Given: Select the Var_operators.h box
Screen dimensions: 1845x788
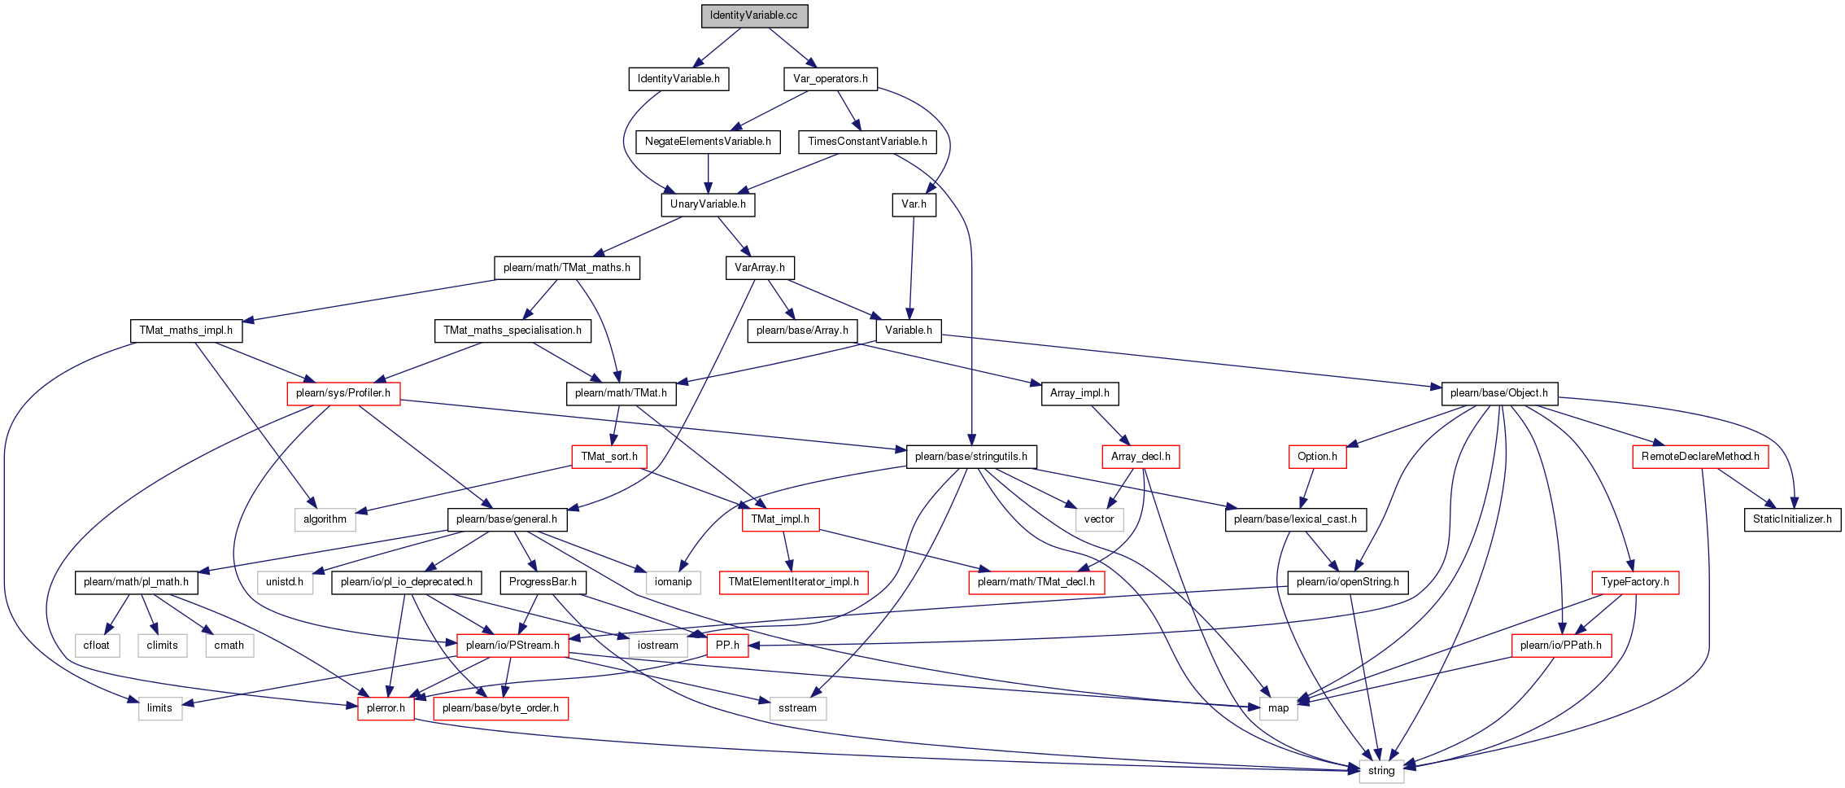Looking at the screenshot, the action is point(830,79).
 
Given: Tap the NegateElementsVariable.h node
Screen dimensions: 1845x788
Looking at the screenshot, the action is point(708,142).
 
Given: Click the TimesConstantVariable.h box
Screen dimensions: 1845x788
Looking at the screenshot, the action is point(867,142).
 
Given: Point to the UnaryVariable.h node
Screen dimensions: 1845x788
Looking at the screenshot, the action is point(708,204).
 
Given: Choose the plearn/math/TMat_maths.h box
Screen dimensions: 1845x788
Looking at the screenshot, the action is point(566,268).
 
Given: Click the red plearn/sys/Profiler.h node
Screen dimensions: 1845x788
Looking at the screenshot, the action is point(343,393).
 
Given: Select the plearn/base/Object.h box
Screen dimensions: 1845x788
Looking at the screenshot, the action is point(1498,393).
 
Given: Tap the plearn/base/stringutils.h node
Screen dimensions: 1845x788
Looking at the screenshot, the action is point(971,457).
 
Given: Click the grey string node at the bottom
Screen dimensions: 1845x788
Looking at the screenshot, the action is point(1381,771).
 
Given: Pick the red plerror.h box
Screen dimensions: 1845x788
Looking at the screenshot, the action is point(386,708).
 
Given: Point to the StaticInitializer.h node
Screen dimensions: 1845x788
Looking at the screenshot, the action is point(1792,519).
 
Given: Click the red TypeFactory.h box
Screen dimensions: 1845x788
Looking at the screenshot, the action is point(1635,582).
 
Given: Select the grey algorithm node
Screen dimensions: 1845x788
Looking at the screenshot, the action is point(325,519).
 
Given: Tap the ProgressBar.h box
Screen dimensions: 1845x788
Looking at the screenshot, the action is point(543,582).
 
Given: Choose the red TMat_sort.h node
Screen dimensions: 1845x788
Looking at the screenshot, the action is point(609,457).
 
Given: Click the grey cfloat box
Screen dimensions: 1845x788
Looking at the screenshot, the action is point(97,646).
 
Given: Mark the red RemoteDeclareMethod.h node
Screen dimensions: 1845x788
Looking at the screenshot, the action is point(1700,457).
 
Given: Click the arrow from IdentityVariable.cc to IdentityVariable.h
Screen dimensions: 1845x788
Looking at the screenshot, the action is point(717,48).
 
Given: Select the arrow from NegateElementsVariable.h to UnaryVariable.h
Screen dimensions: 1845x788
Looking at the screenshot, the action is point(708,173).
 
